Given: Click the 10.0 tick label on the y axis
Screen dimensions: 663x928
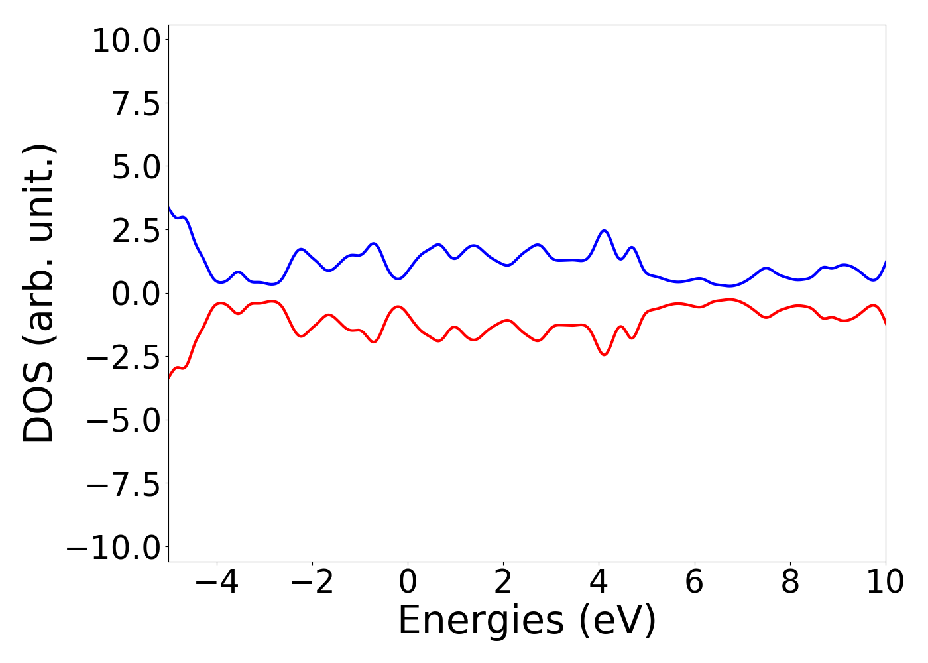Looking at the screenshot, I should (x=126, y=41).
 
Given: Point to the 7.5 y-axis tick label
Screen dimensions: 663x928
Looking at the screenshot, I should (x=136, y=105).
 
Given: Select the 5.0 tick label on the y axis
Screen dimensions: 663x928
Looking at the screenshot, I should (x=136, y=168).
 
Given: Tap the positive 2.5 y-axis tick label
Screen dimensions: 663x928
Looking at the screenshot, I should (x=136, y=231).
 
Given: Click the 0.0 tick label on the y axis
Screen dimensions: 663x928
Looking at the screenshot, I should (x=136, y=294).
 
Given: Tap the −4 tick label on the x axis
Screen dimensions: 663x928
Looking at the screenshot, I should (x=217, y=582).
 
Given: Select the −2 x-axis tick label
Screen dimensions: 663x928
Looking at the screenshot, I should (x=312, y=582).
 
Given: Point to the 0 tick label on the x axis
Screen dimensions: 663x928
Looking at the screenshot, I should (x=408, y=582).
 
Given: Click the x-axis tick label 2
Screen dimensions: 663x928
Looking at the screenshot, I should (x=503, y=582).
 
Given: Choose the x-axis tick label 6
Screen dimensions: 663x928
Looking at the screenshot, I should (x=694, y=582).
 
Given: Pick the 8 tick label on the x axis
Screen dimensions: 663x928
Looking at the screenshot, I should (x=789, y=582).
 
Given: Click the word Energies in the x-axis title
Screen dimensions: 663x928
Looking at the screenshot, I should (x=481, y=621).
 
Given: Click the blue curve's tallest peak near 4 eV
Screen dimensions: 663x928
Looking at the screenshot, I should (x=604, y=231).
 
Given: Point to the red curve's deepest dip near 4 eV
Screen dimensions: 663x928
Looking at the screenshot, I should (x=604, y=355).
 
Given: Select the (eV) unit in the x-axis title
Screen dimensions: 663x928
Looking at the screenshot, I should (x=617, y=621).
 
